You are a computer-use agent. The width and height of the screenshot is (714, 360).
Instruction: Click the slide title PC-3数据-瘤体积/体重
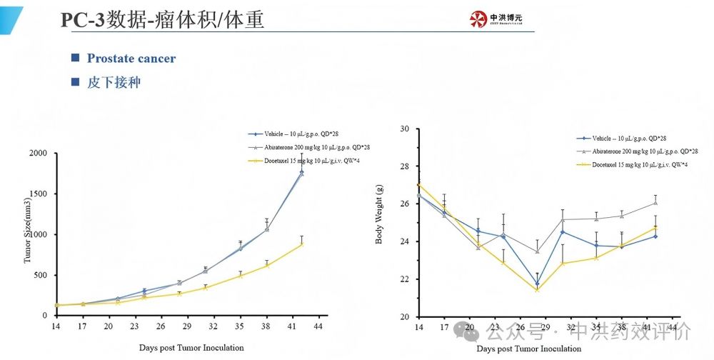pos(162,20)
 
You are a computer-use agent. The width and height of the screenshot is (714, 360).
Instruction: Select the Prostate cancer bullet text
pos(131,59)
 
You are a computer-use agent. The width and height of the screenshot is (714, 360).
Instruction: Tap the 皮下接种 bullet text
pos(114,82)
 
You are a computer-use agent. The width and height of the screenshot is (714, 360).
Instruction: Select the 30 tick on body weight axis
pos(404,129)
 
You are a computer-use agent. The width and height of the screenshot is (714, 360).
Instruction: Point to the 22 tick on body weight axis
pos(404,279)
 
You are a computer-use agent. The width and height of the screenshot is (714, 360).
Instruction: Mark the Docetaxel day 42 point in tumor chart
pos(302,244)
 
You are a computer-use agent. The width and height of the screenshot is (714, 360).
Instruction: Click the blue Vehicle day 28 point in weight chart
pos(537,284)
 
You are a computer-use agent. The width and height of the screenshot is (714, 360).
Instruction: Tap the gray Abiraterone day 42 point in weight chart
pos(655,203)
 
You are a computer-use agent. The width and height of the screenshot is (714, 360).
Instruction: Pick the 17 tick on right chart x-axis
pos(444,328)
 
